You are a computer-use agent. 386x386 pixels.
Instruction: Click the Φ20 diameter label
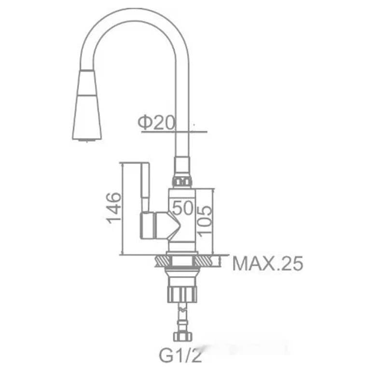click(156, 123)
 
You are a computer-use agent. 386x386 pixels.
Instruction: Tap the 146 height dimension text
click(114, 208)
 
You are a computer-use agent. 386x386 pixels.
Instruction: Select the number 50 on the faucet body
click(183, 207)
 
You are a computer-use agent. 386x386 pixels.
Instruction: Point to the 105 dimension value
click(205, 221)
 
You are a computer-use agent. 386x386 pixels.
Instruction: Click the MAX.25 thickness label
click(268, 263)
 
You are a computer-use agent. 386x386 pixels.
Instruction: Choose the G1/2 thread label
click(180, 355)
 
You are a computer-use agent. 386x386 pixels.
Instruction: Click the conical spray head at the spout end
click(87, 105)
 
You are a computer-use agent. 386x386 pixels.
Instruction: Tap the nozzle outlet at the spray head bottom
click(86, 140)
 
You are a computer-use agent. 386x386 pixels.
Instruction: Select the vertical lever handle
click(145, 188)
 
